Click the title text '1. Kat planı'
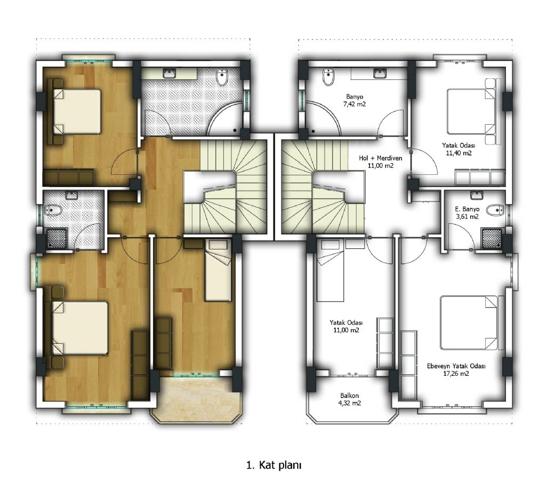click(274, 465)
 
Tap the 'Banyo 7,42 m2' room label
click(355, 100)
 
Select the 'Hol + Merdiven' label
click(381, 158)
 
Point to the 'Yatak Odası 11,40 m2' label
click(459, 149)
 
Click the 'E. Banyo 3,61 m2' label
click(467, 213)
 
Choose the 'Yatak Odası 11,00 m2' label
click(346, 326)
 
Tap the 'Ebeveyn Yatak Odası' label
click(456, 366)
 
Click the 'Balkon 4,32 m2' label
click(350, 399)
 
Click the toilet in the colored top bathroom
click(222, 77)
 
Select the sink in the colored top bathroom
click(170, 74)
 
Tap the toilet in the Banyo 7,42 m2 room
click(328, 77)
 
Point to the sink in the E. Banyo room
click(476, 195)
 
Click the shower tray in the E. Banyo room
click(492, 238)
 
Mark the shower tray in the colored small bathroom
click(57, 238)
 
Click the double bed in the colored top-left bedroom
click(77, 111)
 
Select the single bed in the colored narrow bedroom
click(218, 270)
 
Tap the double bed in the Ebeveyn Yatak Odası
click(469, 323)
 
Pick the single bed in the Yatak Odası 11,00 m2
click(331, 270)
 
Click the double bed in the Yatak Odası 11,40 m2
click(471, 111)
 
